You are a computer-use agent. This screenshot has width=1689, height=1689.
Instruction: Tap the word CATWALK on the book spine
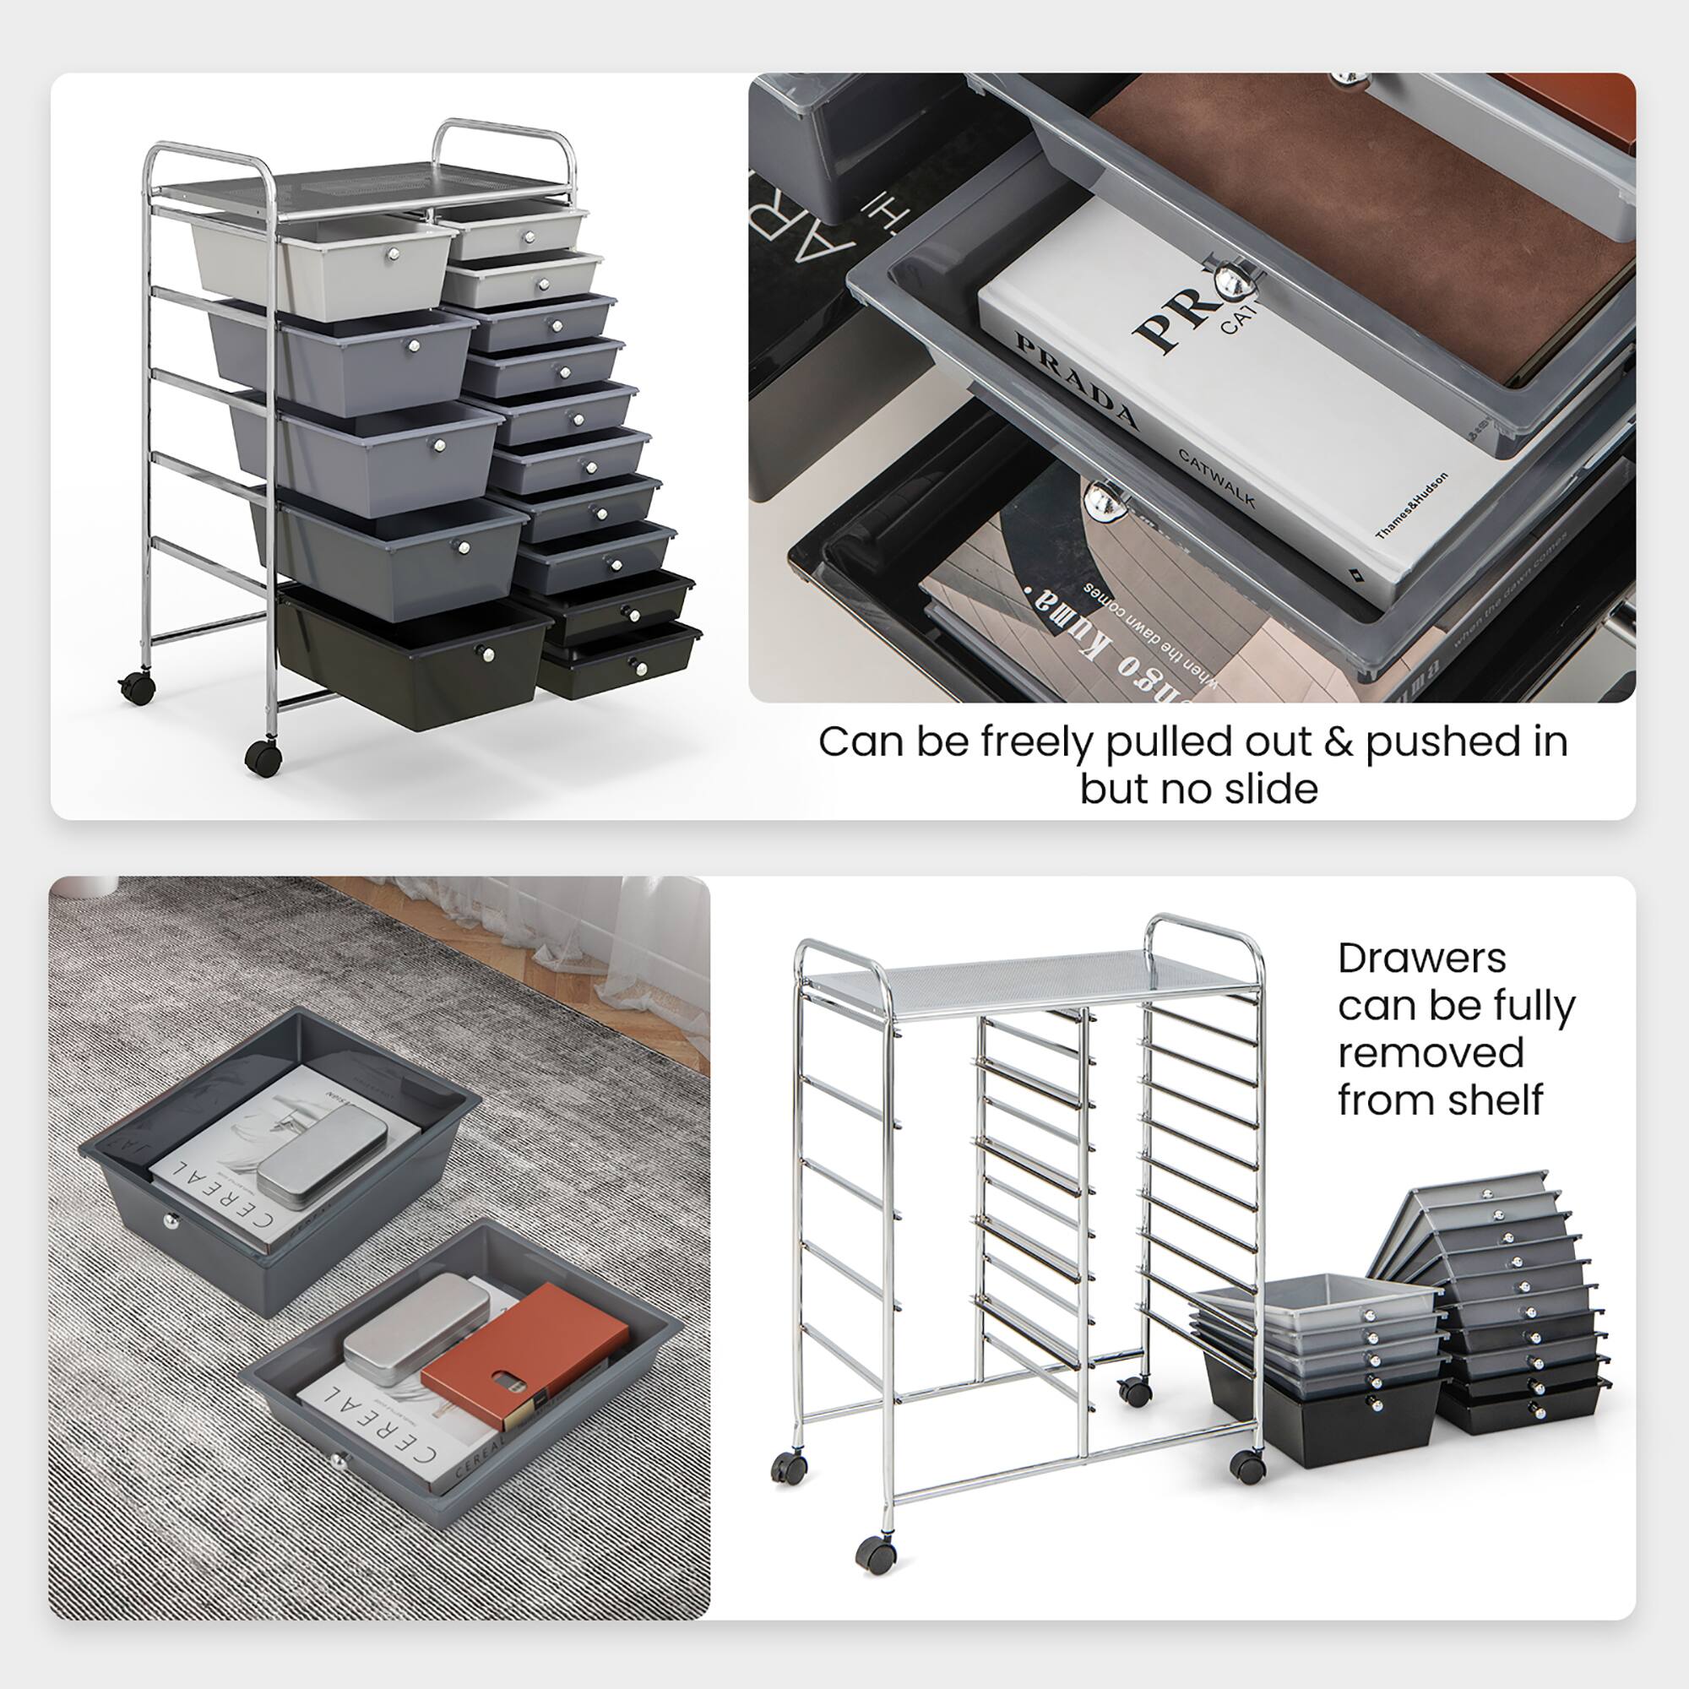(x=1216, y=478)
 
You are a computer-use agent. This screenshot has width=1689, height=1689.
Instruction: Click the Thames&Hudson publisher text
(x=1411, y=504)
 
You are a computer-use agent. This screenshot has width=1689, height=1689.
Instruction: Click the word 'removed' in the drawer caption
(x=1431, y=1051)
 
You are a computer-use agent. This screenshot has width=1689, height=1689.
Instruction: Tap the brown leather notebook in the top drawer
(x=1364, y=219)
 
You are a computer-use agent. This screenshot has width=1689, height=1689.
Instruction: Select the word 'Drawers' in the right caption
(x=1421, y=959)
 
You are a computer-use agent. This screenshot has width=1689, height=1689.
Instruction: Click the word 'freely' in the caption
(x=1037, y=742)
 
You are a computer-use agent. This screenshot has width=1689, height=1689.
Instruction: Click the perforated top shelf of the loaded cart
(x=358, y=184)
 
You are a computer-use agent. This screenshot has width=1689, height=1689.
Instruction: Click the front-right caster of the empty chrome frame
(x=1246, y=1465)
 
